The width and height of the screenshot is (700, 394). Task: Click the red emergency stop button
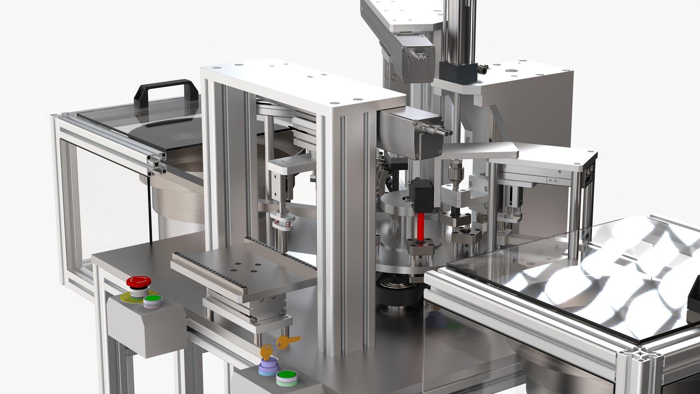pos(139,282)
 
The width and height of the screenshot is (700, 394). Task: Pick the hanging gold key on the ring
pos(288,342)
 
